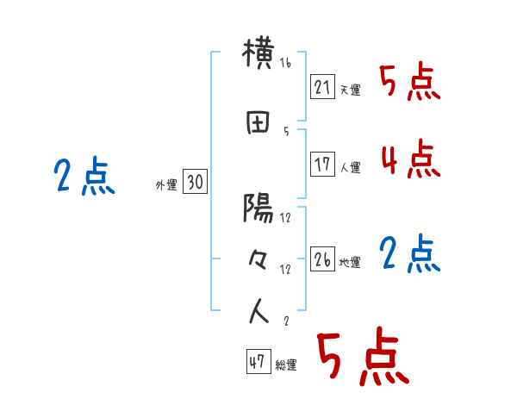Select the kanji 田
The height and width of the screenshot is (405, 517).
point(259,123)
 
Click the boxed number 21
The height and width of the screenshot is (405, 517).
point(322,87)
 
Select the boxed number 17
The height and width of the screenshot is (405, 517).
point(323,165)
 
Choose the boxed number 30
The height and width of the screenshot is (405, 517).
point(195,183)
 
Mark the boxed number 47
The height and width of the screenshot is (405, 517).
point(258,362)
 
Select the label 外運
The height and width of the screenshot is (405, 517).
point(165,185)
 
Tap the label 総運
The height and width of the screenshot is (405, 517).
point(285,365)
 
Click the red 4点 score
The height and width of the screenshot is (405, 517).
point(409,159)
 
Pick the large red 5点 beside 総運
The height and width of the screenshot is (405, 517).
point(362,358)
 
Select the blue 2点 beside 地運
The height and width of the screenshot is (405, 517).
point(409,254)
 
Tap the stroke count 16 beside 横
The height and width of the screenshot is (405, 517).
point(286,64)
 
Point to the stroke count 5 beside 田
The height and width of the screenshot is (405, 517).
point(285,131)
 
